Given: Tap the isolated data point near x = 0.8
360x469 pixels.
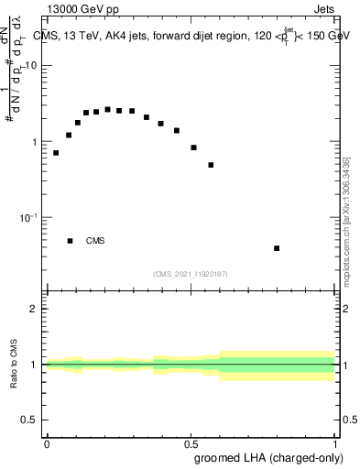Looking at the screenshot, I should point(277,248).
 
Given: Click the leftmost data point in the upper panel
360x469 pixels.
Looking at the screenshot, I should point(56,153).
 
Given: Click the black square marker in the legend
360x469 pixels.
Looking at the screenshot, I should point(70,241).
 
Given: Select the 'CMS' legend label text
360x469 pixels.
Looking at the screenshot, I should point(95,241).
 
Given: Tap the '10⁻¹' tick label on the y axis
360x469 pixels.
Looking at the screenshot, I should point(30,217).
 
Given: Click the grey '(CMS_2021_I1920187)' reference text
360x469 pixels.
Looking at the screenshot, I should point(190,273).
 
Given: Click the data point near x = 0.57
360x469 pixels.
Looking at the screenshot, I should point(211,165).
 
